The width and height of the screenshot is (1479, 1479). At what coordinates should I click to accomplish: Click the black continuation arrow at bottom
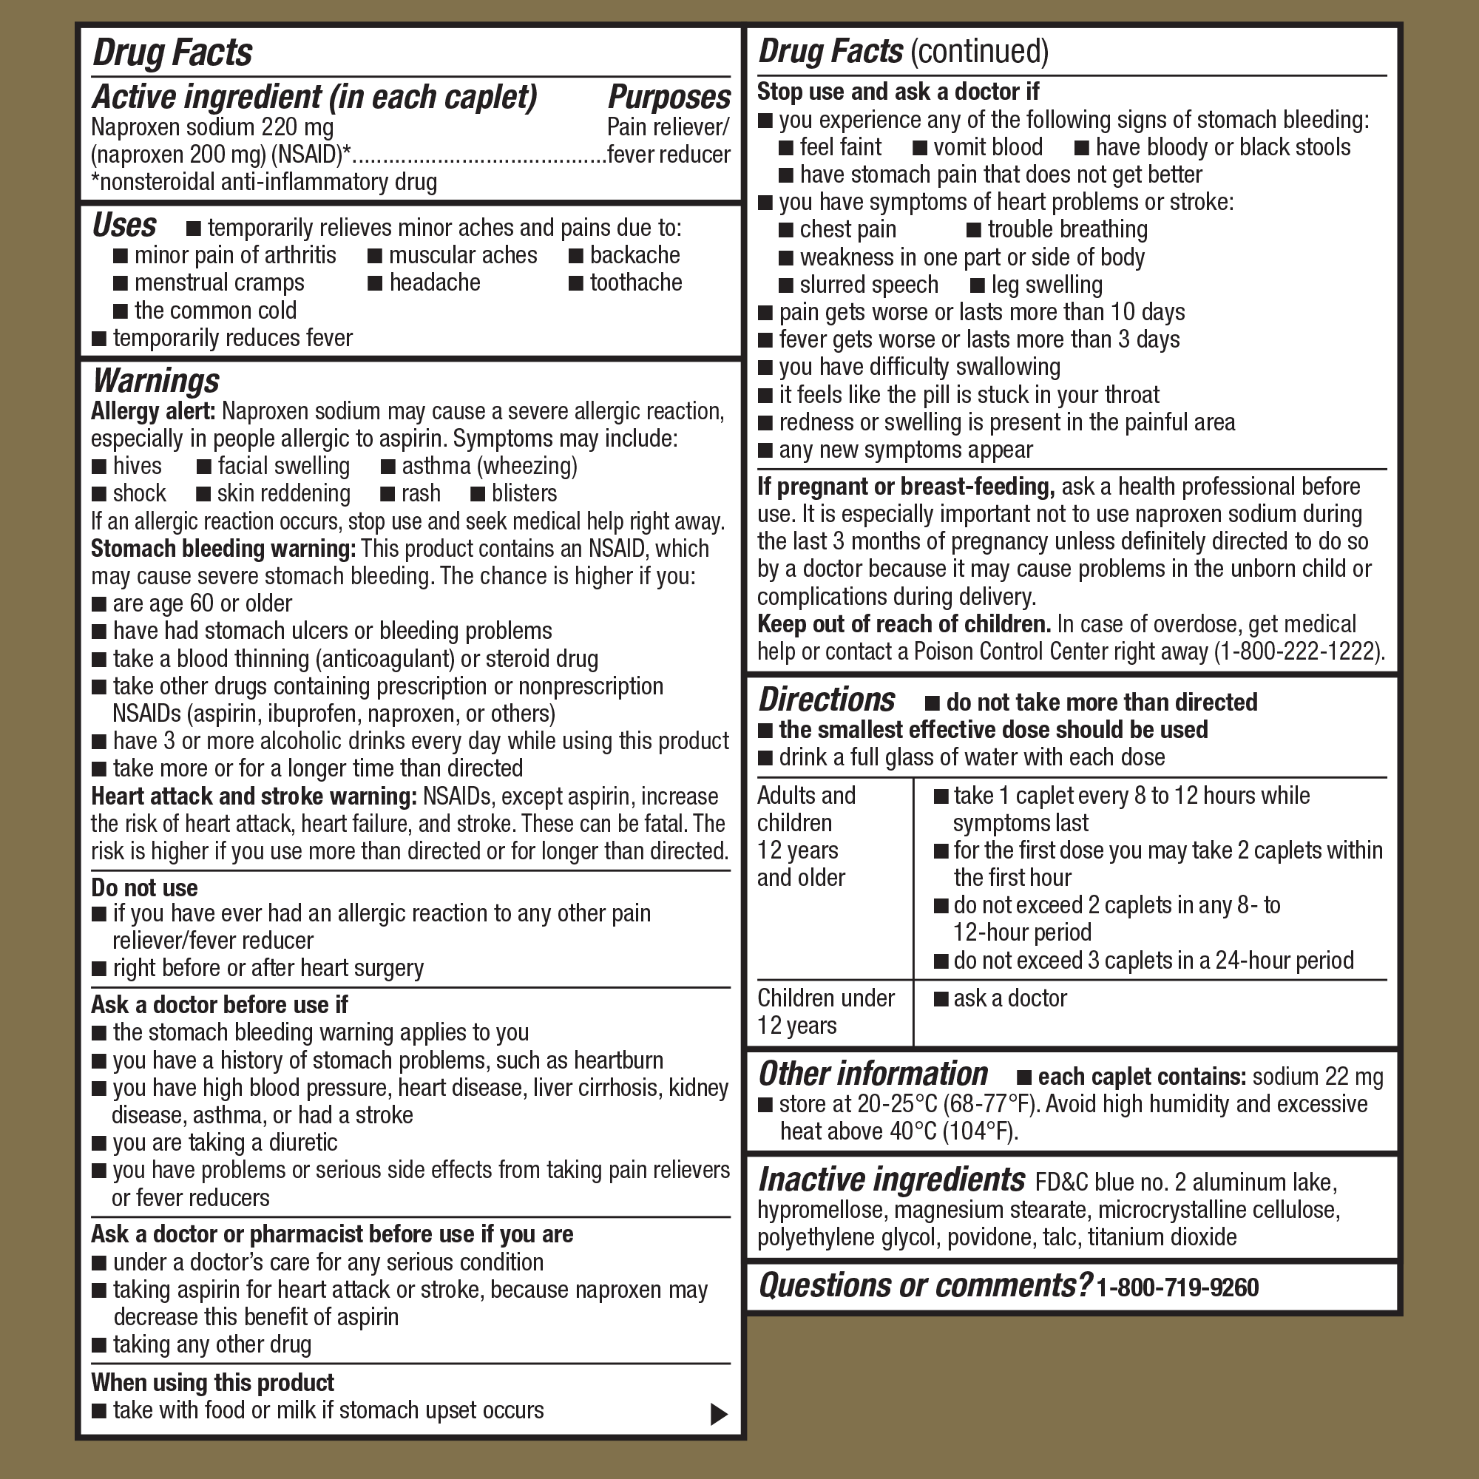coord(718,1414)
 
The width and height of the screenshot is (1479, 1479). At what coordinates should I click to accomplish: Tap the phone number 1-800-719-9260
coord(1177,1287)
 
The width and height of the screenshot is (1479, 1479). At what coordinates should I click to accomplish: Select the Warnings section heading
coord(155,380)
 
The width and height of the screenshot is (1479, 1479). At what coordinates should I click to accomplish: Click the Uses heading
coord(124,226)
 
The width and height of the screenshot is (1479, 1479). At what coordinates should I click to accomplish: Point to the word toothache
coord(635,282)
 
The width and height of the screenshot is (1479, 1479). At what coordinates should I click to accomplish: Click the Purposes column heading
coord(669,97)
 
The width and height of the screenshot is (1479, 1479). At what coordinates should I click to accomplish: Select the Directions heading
coord(826,700)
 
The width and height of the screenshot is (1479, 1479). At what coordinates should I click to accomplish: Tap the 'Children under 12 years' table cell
coord(825,1011)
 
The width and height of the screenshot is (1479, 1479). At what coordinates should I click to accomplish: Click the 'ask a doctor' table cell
coord(1009,998)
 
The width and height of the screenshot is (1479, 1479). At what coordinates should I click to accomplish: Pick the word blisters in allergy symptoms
coord(524,494)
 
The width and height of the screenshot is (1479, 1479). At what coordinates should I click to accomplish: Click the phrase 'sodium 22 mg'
coord(1318,1076)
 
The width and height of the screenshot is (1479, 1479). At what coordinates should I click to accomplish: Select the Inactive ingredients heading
coord(891,1180)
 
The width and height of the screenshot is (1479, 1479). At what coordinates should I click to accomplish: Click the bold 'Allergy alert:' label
coord(153,412)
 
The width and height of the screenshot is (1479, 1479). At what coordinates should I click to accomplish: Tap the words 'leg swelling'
coord(1046,285)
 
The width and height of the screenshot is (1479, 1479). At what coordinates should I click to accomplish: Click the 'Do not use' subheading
coord(144,887)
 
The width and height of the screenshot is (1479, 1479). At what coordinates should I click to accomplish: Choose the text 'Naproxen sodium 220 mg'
coord(212,126)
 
